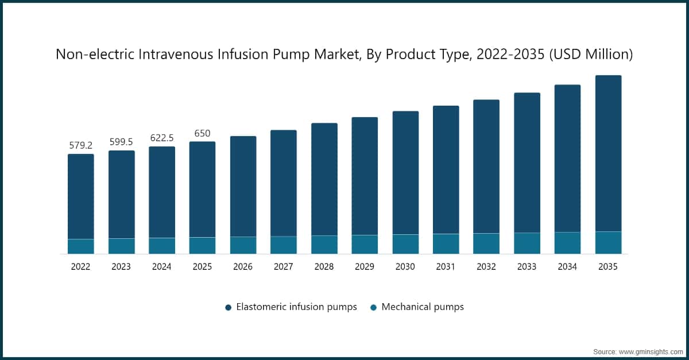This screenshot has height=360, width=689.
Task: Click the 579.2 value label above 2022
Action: pyautogui.click(x=80, y=145)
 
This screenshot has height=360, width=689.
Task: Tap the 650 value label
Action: pyautogui.click(x=202, y=133)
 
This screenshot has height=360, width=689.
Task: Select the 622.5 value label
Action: pyautogui.click(x=161, y=138)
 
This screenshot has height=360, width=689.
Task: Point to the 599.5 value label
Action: pyautogui.click(x=121, y=142)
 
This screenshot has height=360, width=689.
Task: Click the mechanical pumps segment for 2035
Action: pyautogui.click(x=608, y=242)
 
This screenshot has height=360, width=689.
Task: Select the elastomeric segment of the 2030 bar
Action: pyautogui.click(x=405, y=172)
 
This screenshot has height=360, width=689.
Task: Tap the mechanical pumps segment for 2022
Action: pyautogui.click(x=80, y=246)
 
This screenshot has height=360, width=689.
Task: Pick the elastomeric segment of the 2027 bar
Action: pyautogui.click(x=284, y=183)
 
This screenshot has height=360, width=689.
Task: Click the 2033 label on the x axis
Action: pyautogui.click(x=527, y=267)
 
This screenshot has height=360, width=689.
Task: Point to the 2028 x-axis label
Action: pyautogui.click(x=324, y=267)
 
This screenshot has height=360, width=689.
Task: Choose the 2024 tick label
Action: pyautogui.click(x=161, y=267)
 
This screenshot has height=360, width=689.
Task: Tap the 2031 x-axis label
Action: pyautogui.click(x=446, y=267)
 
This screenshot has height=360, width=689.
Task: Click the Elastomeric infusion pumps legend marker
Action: pyautogui.click(x=228, y=307)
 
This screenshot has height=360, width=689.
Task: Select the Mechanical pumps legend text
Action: pyautogui.click(x=422, y=307)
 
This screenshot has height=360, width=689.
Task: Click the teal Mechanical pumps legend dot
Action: pyautogui.click(x=373, y=307)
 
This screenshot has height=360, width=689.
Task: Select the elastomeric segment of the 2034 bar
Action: pyautogui.click(x=567, y=158)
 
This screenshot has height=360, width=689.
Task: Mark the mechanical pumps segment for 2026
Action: pyautogui.click(x=243, y=245)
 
